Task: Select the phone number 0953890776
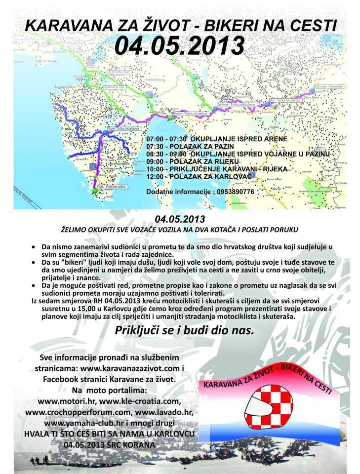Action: point(235,191)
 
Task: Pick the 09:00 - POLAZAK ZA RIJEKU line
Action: point(193,161)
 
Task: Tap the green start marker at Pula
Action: point(94,190)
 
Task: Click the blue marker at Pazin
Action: point(105,132)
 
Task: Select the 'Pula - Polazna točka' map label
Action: point(112,187)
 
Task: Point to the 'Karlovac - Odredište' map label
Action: point(325,86)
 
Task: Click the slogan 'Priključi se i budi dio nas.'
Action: point(184,331)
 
